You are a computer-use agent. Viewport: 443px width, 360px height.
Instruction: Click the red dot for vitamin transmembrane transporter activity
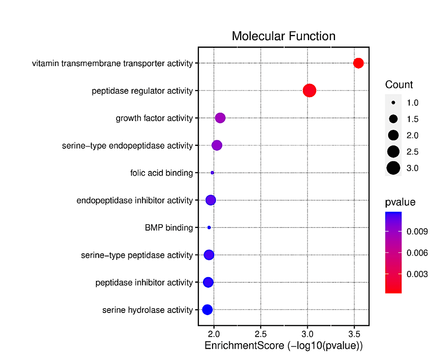[358, 63]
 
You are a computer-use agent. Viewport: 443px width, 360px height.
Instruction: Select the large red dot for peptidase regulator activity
[310, 91]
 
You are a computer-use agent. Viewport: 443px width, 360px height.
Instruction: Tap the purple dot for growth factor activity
[220, 118]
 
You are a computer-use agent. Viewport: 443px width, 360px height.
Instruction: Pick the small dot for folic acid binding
[212, 173]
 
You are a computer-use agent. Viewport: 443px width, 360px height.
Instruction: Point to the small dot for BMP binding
[209, 227]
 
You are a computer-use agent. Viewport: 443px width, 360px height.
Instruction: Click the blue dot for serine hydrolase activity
[207, 309]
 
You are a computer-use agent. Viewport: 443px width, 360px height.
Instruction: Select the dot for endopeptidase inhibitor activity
[211, 200]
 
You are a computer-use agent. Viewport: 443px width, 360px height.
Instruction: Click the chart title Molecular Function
[283, 36]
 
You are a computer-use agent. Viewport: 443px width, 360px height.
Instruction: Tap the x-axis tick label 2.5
[260, 335]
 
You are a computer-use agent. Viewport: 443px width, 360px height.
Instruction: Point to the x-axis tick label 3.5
[354, 335]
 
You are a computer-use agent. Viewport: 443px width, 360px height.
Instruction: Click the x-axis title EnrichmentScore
[283, 346]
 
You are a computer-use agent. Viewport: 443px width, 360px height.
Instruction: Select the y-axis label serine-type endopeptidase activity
[127, 146]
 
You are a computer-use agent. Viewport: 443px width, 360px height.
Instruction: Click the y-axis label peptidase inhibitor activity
[144, 283]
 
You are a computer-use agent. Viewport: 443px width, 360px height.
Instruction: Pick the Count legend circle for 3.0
[393, 168]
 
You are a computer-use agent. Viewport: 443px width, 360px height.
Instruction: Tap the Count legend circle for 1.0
[393, 103]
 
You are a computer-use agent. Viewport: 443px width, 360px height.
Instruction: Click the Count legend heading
[399, 85]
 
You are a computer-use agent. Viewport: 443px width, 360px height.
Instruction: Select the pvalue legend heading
[400, 202]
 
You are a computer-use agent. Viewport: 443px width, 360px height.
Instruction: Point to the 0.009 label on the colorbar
[417, 232]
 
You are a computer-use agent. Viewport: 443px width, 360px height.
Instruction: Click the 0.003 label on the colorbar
[417, 274]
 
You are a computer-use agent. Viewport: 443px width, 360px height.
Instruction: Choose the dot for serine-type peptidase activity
[209, 255]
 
